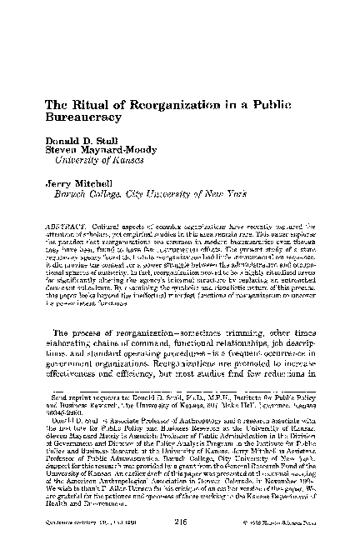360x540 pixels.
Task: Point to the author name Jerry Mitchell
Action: point(92,182)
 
